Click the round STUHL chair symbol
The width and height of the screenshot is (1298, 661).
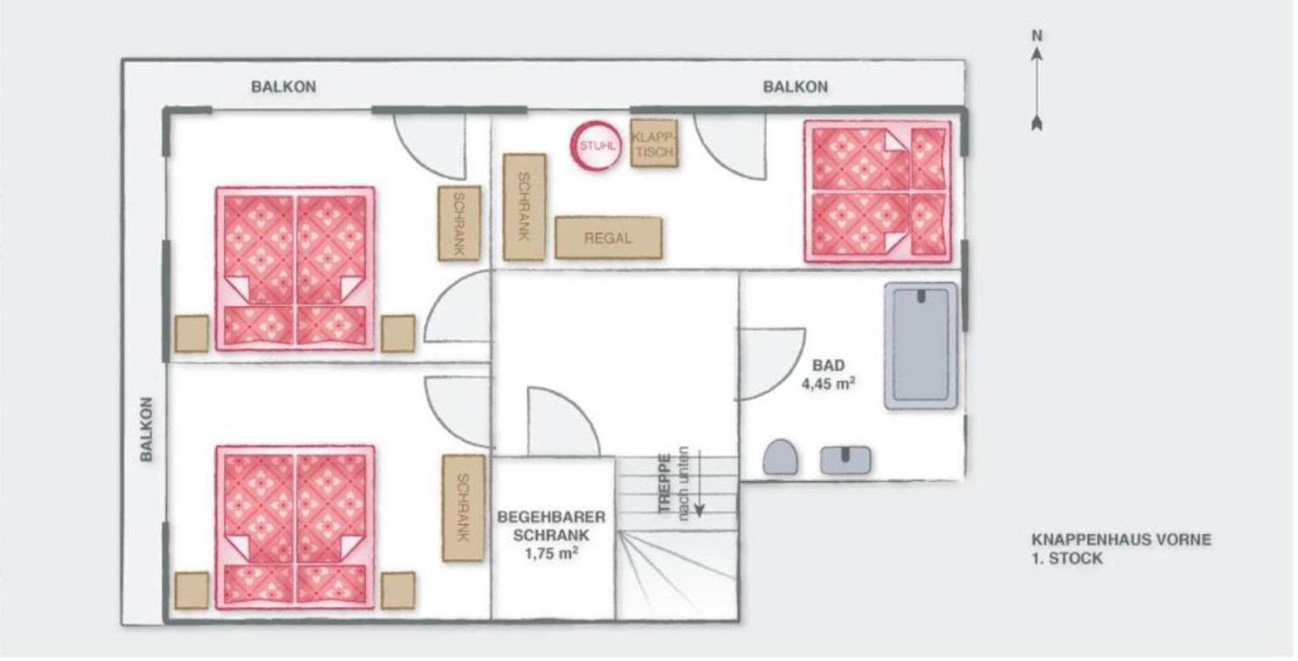click(596, 146)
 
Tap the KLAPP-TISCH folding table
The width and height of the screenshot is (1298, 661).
click(653, 143)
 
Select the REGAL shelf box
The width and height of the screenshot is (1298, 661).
click(608, 237)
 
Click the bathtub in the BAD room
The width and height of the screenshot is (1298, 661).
click(921, 346)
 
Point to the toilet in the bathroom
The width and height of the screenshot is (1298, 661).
click(780, 457)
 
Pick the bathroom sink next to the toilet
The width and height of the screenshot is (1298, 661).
click(845, 460)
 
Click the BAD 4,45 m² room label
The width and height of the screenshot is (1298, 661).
click(828, 374)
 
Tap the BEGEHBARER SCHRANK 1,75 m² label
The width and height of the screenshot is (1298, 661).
click(551, 535)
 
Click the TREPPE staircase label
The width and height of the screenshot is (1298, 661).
click(664, 483)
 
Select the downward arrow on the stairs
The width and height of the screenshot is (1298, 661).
click(699, 482)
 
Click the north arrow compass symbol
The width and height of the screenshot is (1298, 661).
click(1037, 89)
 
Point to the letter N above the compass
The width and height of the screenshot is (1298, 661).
click(1037, 35)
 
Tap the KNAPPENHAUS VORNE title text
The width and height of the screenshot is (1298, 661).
click(1121, 539)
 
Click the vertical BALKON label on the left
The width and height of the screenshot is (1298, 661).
click(146, 429)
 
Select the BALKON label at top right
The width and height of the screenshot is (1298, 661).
click(795, 87)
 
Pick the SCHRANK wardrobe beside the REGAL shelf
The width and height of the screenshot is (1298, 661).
click(524, 207)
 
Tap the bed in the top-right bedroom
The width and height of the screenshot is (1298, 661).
click(878, 191)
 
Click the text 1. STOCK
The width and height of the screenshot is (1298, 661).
click(1067, 558)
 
